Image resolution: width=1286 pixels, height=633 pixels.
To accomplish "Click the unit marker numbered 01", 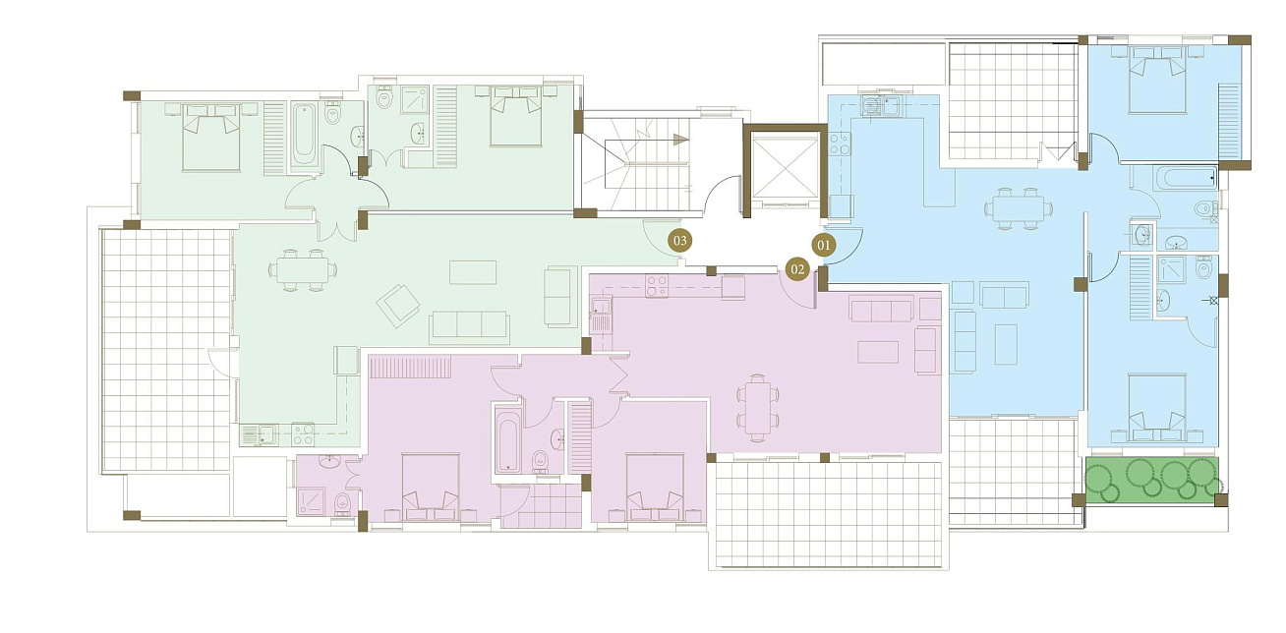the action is click(x=824, y=246).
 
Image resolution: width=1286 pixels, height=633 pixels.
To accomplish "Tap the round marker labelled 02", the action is click(x=797, y=269).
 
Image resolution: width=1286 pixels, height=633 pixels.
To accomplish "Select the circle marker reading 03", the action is click(x=679, y=241).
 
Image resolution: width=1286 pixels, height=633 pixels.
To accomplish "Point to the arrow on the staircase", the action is click(x=680, y=140).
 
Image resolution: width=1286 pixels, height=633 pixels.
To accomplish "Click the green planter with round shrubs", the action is click(x=1151, y=480).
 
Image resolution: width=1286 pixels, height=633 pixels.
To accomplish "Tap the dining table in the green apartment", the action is click(x=303, y=269).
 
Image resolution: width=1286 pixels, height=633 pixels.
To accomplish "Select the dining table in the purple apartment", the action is click(x=758, y=408).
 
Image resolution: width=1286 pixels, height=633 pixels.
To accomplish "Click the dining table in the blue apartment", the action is click(x=1018, y=208).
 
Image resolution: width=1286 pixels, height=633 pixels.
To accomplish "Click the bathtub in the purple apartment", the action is click(x=508, y=443).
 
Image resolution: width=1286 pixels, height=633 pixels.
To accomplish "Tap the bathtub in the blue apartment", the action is click(x=1186, y=178).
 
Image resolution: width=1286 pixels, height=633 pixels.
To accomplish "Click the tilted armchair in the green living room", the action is click(x=398, y=305).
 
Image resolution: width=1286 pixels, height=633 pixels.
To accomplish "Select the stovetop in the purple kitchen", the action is click(x=657, y=285).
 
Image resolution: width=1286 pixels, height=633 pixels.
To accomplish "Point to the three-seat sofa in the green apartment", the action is click(x=469, y=327).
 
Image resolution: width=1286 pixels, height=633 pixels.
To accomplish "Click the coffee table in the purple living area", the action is click(x=878, y=352).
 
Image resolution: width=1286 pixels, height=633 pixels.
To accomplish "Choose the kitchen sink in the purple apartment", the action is click(x=601, y=316).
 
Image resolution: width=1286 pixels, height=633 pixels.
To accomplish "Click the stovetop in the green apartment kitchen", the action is click(x=303, y=434).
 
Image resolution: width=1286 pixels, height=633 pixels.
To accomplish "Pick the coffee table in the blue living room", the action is click(x=1006, y=344).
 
